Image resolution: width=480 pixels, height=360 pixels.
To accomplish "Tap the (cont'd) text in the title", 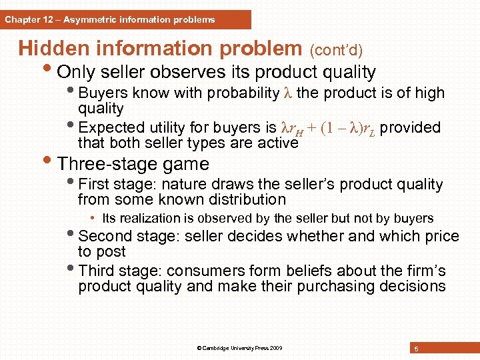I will click(337, 50).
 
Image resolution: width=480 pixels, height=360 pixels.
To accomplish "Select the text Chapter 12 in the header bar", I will click(25, 20).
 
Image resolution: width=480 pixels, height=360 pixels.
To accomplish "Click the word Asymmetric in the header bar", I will click(85, 20).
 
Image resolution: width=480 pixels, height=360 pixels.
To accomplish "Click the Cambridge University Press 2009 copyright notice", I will click(239, 348).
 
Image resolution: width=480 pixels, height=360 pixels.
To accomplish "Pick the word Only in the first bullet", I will click(77, 72).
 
